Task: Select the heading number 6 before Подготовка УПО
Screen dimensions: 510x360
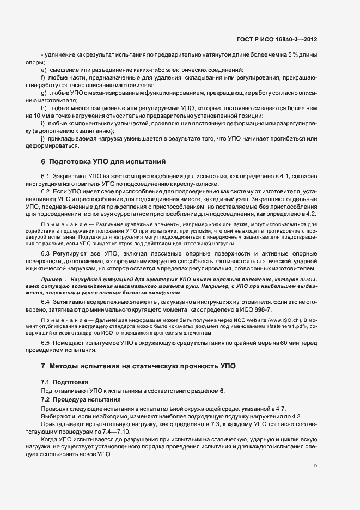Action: pyautogui.click(x=43, y=162)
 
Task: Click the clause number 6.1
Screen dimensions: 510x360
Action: pyautogui.click(x=45, y=177)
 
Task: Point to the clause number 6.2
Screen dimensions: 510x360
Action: pyautogui.click(x=45, y=193)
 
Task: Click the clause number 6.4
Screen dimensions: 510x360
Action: pyautogui.click(x=45, y=302)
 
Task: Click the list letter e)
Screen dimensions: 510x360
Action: pyautogui.click(x=43, y=70)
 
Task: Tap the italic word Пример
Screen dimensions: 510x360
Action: pyautogui.click(x=51, y=280)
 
